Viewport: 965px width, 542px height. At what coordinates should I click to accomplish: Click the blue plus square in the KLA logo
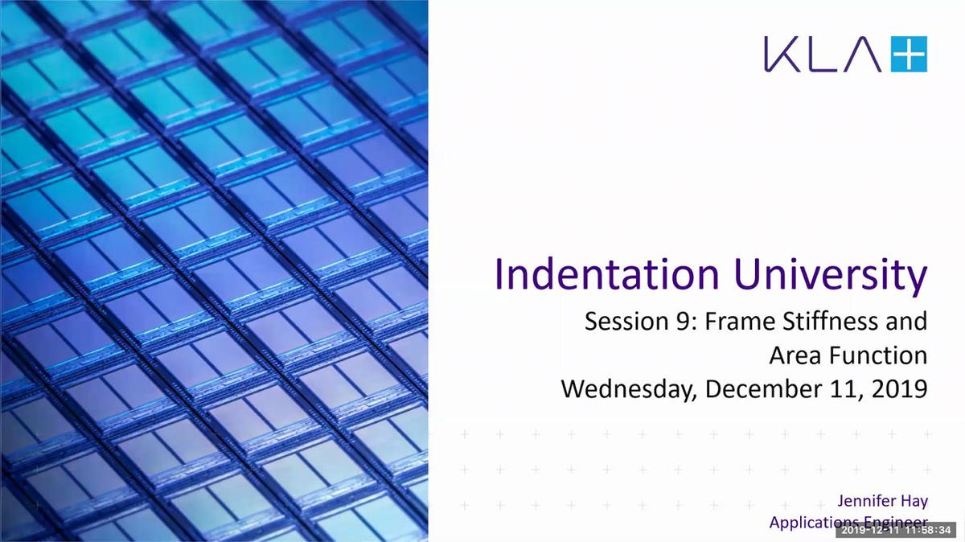point(909,54)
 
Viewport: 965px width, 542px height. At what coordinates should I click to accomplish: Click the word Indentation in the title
point(606,274)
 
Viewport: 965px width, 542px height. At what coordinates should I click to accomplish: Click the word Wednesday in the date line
point(629,389)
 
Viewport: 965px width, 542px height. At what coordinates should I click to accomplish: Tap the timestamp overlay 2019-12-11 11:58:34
point(897,530)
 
